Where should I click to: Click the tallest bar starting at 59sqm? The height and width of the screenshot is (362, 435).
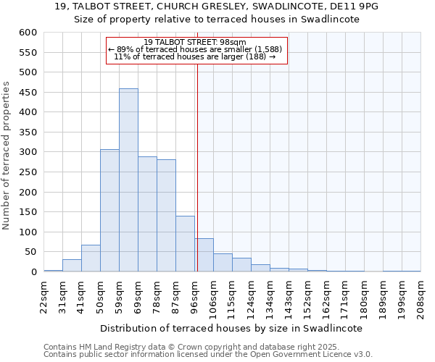[x=128, y=181]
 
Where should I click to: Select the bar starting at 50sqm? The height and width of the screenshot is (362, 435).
[x=109, y=211]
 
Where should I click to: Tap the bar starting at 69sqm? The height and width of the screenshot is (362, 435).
[x=147, y=214]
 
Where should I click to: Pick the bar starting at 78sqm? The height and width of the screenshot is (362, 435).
[x=166, y=216]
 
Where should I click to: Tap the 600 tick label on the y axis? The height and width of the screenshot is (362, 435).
[x=28, y=33]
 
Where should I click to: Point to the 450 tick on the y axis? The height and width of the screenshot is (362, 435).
[x=28, y=93]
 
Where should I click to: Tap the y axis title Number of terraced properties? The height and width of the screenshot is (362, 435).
[x=7, y=156]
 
